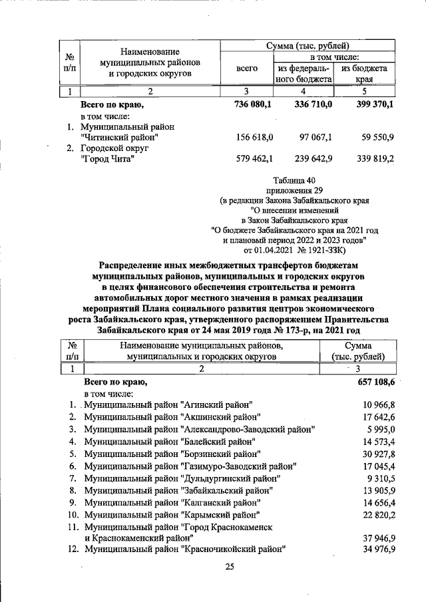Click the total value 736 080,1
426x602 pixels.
point(256,104)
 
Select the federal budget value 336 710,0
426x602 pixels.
point(312,104)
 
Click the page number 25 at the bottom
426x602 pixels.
point(230,567)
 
